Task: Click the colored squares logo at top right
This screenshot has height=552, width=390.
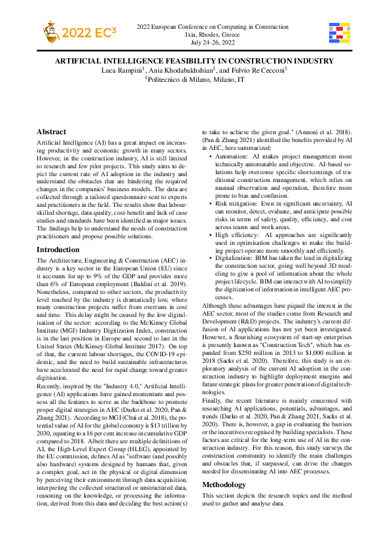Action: [339, 33]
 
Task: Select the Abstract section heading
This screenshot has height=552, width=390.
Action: [51, 132]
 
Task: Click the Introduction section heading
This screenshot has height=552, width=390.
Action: [58, 249]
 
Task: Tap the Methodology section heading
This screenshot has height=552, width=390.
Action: [224, 485]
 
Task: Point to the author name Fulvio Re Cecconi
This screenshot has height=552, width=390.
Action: [258, 69]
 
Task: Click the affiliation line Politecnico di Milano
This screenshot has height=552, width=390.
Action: [194, 79]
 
